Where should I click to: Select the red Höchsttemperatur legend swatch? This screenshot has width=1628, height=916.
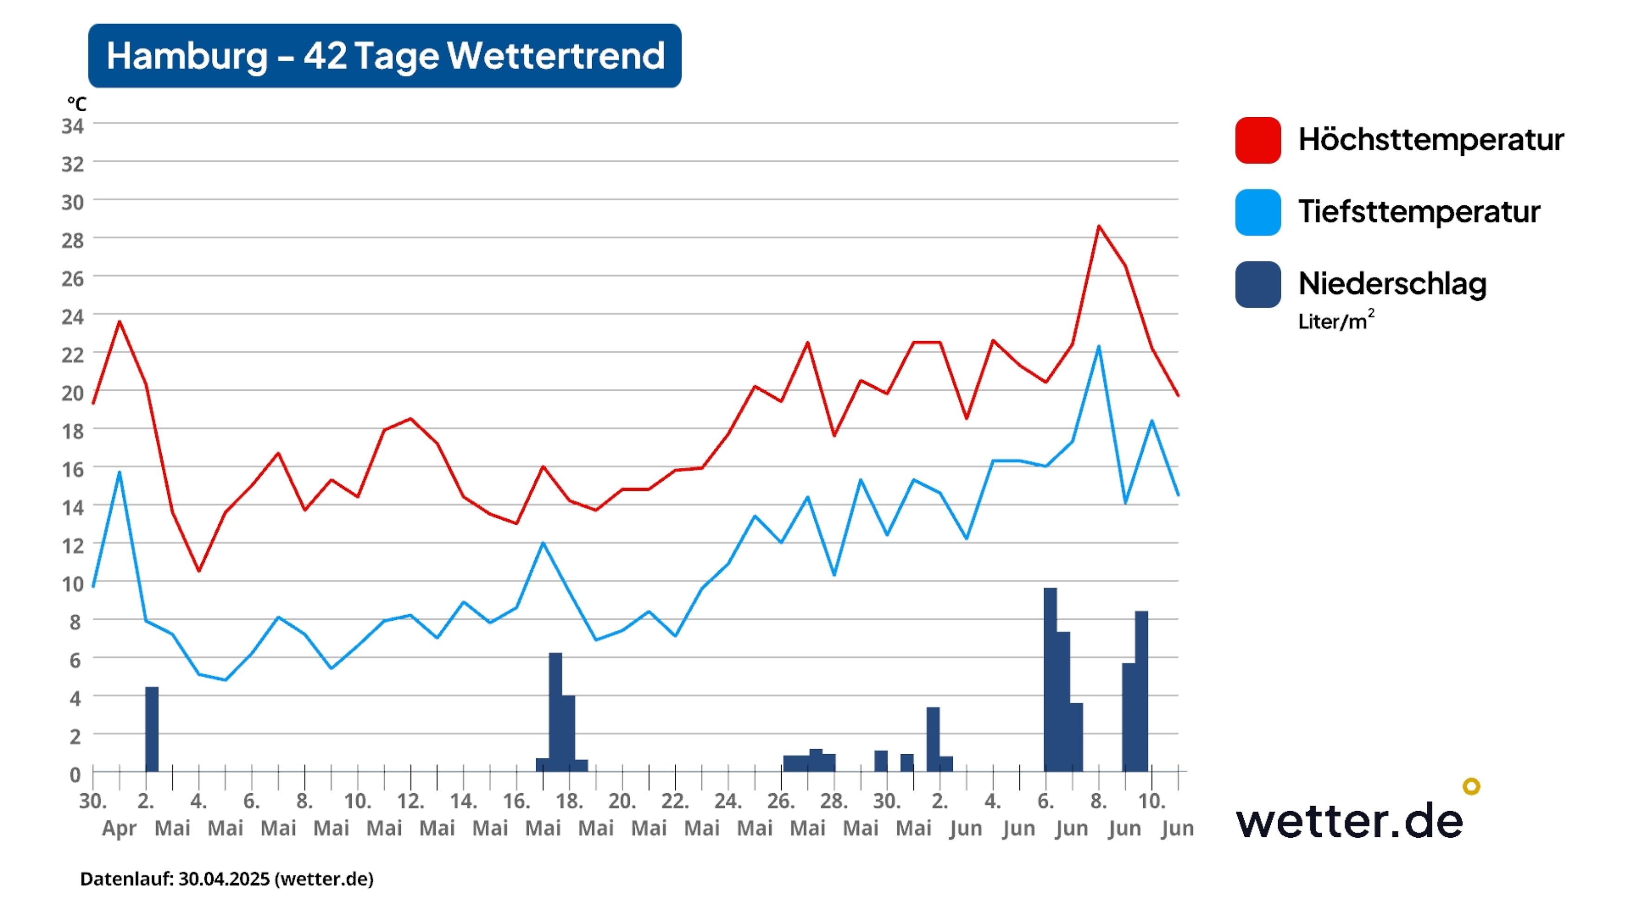click(1258, 140)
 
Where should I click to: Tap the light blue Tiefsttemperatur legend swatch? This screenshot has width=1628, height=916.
click(1258, 212)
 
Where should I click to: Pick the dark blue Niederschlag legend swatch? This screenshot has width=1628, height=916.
click(1258, 285)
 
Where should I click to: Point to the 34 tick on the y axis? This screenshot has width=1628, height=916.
click(73, 126)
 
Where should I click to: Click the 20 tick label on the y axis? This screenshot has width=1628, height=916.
click(73, 393)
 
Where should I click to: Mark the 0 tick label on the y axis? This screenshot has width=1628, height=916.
click(75, 775)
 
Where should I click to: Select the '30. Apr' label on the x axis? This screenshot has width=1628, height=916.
click(108, 814)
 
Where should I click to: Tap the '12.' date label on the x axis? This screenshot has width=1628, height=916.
click(411, 801)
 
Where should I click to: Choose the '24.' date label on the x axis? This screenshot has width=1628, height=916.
click(728, 801)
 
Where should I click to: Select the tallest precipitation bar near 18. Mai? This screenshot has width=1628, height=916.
click(555, 712)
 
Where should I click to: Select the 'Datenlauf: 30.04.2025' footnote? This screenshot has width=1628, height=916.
click(226, 879)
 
